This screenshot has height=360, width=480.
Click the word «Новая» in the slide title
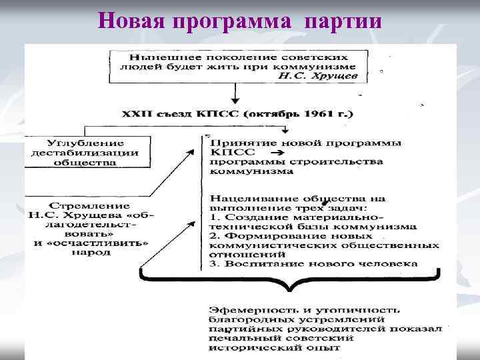[130, 21]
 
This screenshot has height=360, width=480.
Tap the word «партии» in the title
[343, 21]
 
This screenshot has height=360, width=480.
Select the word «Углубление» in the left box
[76, 142]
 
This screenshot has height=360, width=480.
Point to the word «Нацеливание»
[247, 198]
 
